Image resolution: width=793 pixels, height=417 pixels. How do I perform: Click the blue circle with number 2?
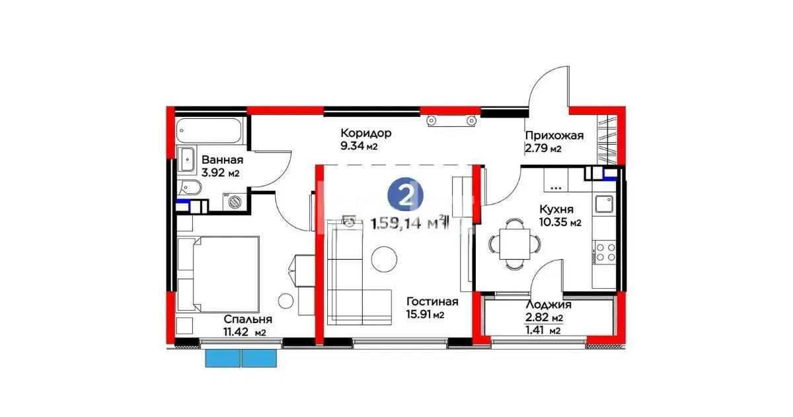point(401,194)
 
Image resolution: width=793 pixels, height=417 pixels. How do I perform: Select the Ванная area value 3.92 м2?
point(221,173)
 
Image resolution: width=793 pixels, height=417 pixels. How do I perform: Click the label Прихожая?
point(554,135)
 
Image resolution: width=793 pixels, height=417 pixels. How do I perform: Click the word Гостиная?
point(432,301)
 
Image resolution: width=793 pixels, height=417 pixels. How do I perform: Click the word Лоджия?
point(548,305)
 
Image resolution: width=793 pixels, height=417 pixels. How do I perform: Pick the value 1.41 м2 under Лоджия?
point(542,330)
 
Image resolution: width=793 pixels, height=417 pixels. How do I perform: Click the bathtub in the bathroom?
point(210,130)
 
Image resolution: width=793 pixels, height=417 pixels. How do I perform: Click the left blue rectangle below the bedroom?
point(222,358)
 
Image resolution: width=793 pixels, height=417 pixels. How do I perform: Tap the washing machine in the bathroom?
point(233,200)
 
